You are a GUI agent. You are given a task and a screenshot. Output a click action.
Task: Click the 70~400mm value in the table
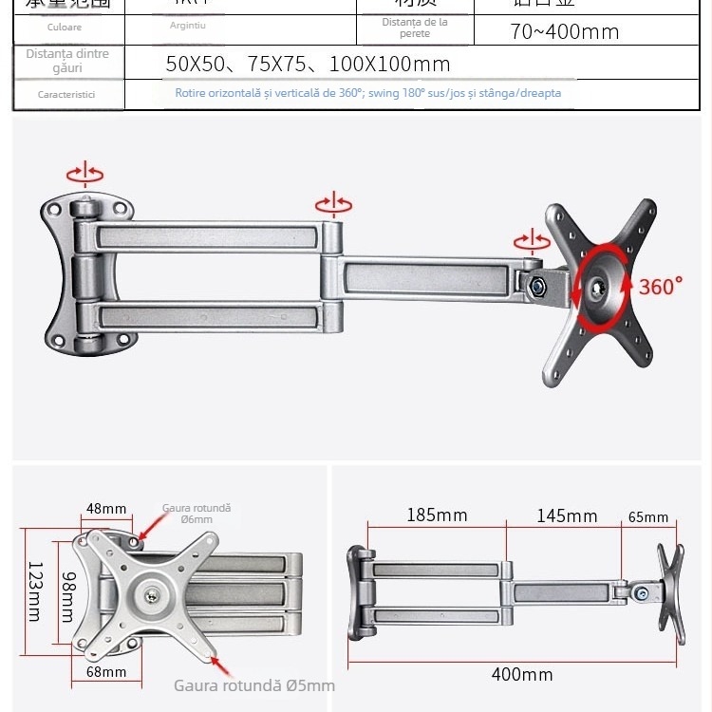(x=564, y=31)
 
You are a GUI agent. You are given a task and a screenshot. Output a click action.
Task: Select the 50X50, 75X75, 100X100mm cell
(x=308, y=66)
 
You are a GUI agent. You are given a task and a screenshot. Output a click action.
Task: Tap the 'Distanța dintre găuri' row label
(x=67, y=61)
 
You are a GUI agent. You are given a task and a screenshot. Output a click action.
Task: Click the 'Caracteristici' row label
(x=66, y=95)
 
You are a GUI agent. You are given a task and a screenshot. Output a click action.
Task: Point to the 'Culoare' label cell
(x=65, y=28)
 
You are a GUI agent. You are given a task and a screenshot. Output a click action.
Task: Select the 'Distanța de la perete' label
(x=415, y=28)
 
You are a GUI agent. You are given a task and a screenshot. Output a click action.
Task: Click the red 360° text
(x=661, y=286)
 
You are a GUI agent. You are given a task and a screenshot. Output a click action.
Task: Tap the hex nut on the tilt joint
(x=538, y=282)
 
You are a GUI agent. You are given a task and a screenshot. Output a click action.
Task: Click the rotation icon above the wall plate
(x=85, y=174)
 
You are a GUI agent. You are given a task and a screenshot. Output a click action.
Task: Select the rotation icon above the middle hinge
(x=333, y=204)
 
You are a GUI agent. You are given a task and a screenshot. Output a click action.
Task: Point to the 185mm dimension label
(x=437, y=515)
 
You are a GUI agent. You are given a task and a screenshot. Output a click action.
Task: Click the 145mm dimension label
(x=567, y=515)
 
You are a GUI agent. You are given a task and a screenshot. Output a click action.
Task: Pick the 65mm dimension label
(x=648, y=517)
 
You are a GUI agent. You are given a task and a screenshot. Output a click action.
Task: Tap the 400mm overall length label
(x=521, y=675)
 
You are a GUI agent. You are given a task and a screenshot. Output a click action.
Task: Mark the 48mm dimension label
(x=106, y=508)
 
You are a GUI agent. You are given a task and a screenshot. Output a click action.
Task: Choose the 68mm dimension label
(x=106, y=672)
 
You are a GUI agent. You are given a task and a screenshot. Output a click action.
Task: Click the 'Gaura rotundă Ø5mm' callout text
(x=253, y=685)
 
